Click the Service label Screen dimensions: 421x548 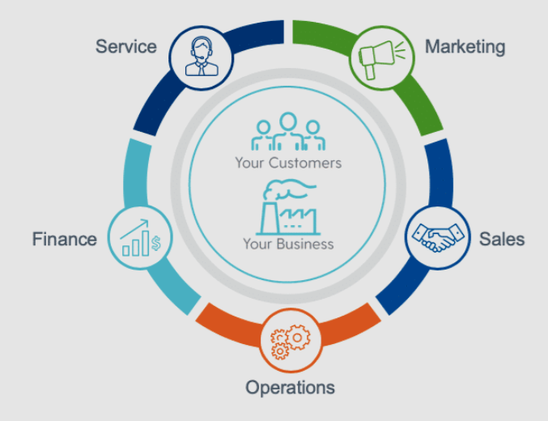[126, 46]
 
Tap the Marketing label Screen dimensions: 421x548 [465, 46]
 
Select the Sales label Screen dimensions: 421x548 [502, 239]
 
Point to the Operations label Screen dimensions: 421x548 [290, 387]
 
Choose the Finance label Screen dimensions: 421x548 [64, 239]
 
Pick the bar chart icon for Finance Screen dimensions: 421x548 [140, 237]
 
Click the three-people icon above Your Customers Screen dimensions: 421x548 [287, 133]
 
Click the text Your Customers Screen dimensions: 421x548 [288, 163]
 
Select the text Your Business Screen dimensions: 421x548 [288, 244]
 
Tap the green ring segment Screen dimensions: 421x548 [421, 89]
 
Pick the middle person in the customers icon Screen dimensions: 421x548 [287, 130]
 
